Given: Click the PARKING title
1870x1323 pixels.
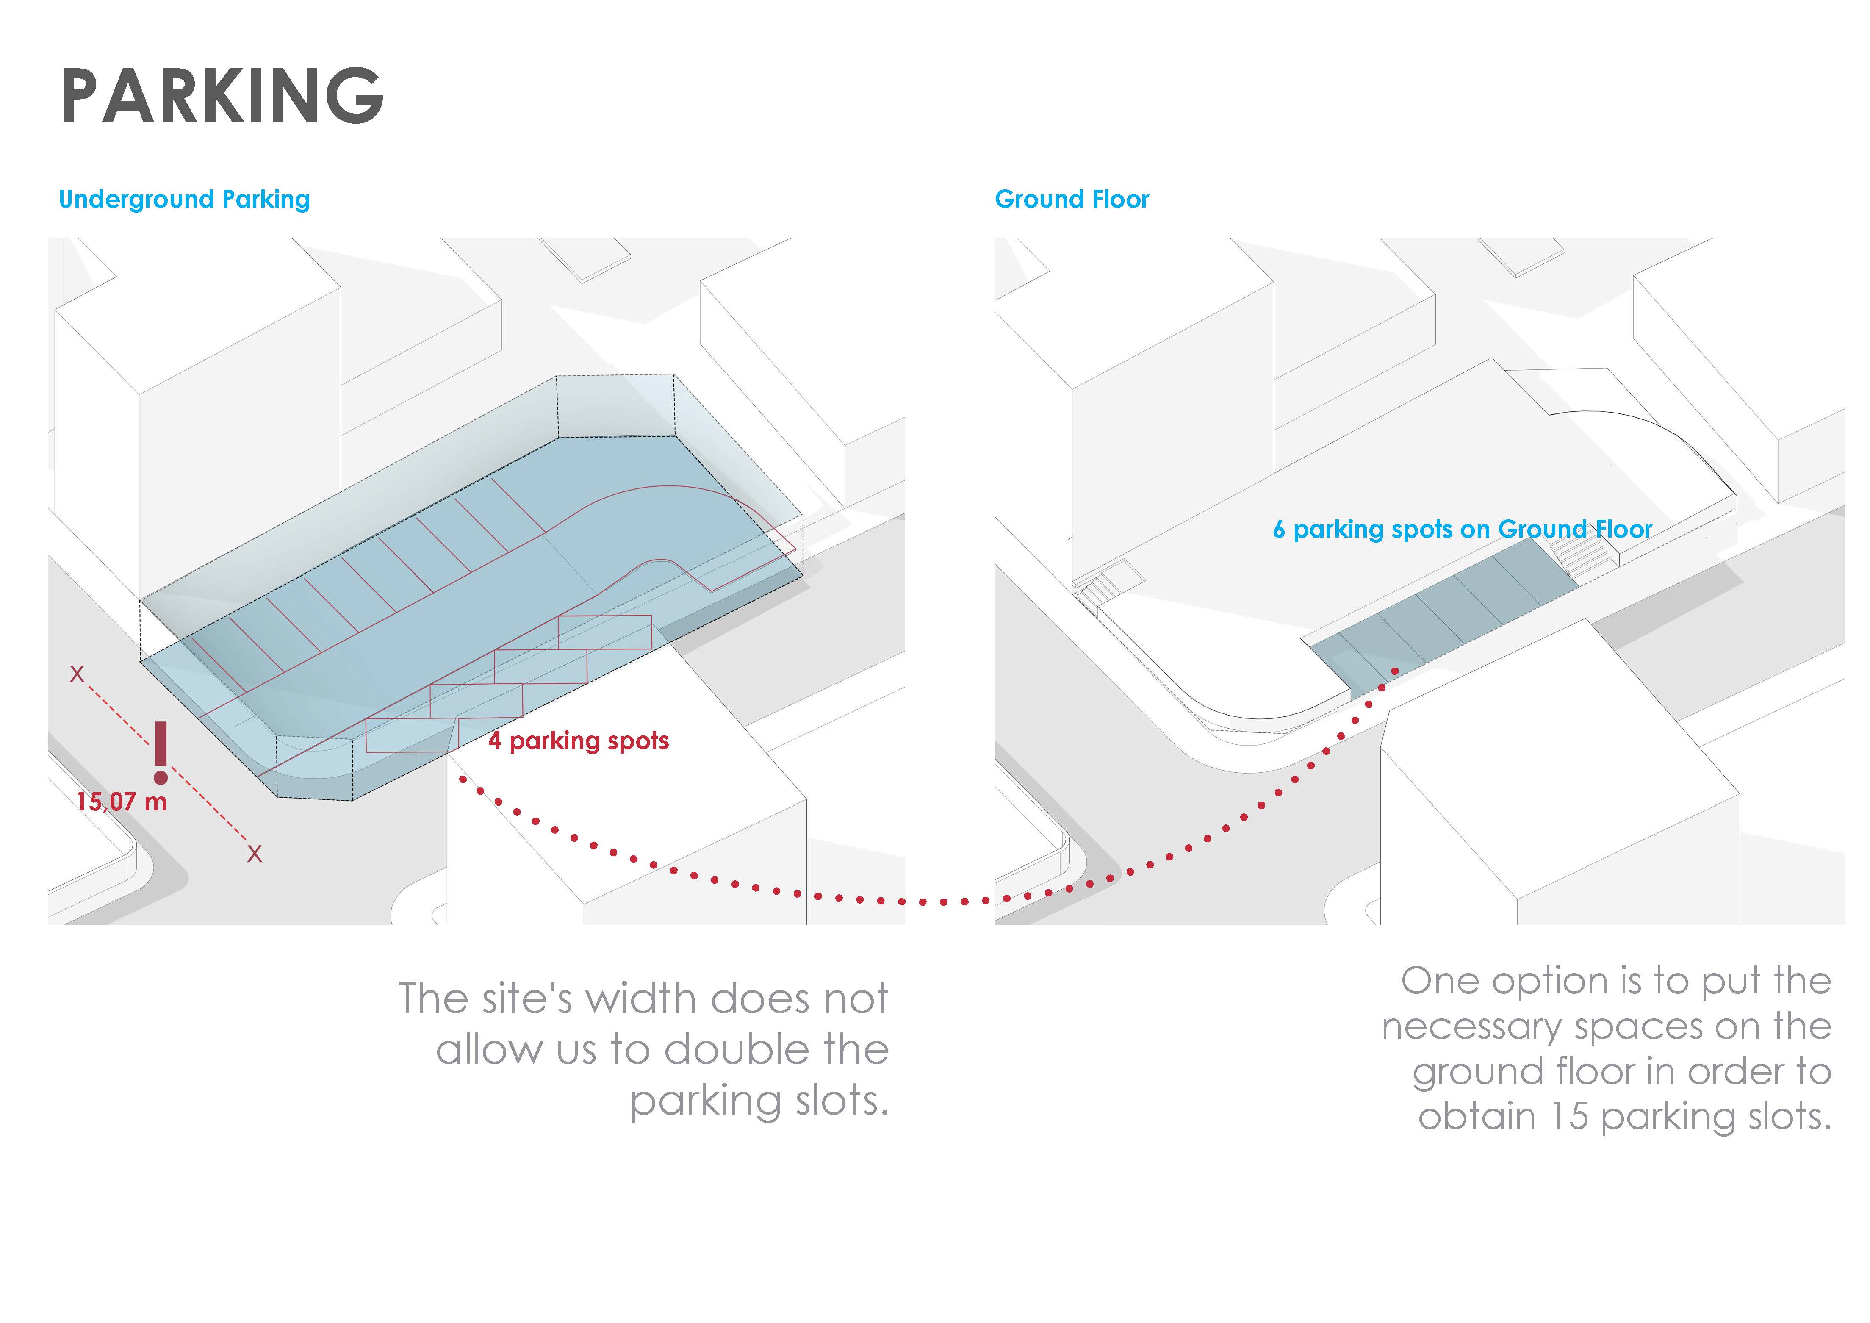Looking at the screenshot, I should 222,96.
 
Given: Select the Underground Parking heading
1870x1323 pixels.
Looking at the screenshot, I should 184,200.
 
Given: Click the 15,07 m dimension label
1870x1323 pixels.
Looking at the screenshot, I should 122,802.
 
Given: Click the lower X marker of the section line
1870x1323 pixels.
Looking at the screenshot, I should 255,854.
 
